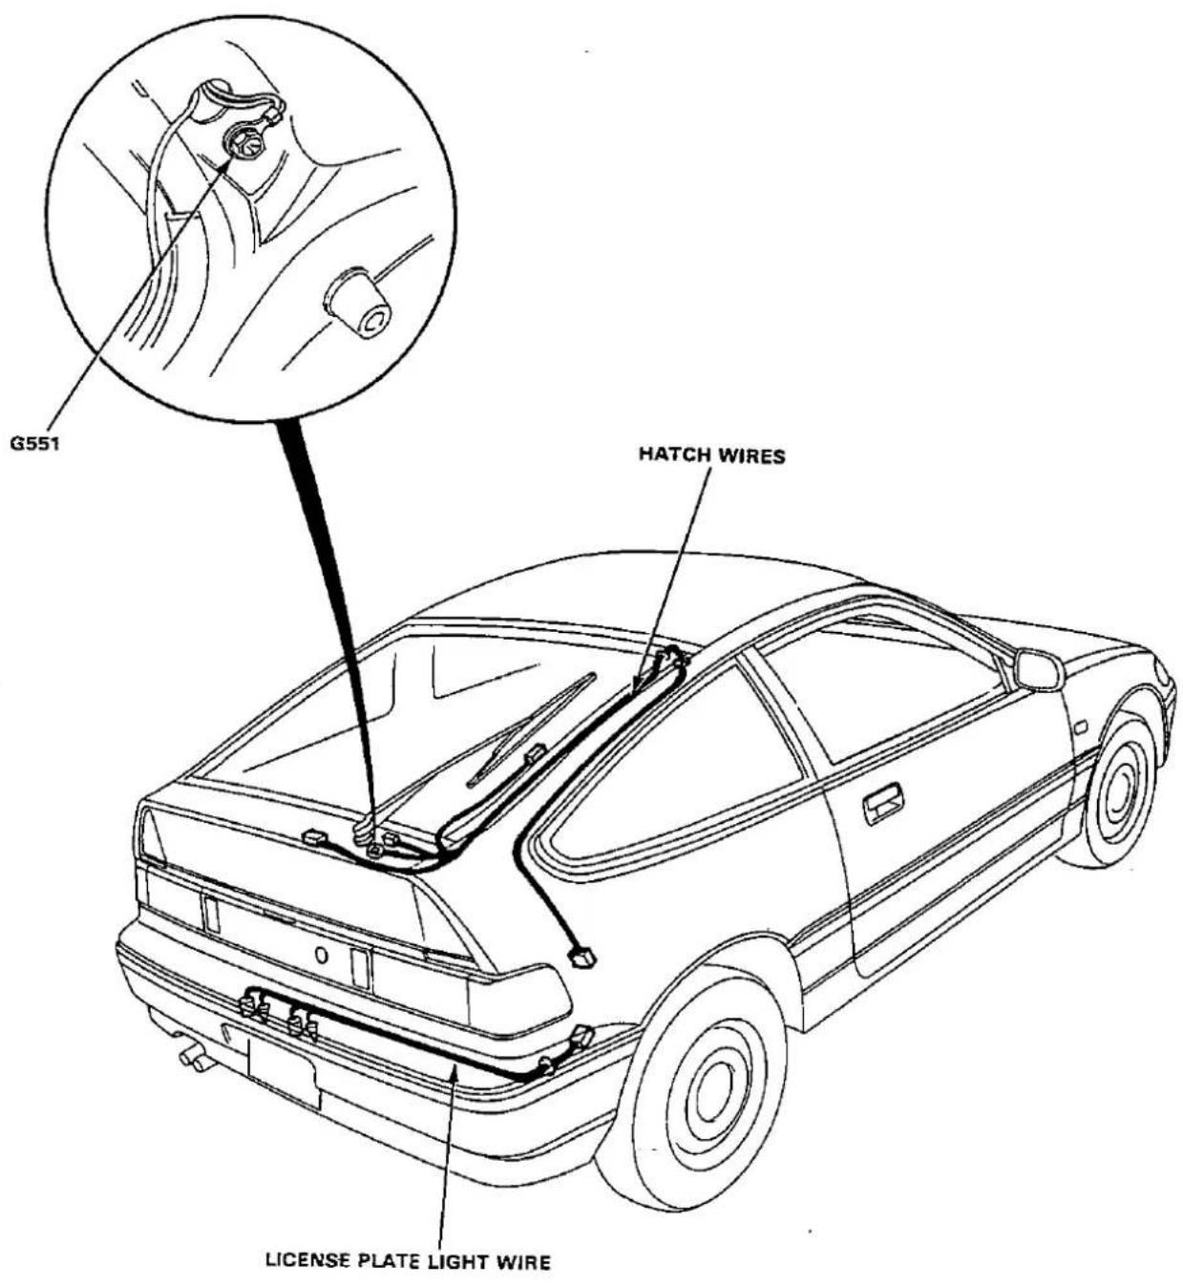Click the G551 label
35,443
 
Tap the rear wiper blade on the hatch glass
533,730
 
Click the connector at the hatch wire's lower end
582,957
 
